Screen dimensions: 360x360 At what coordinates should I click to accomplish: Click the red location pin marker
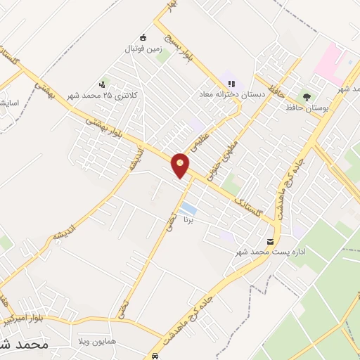pyautogui.click(x=181, y=165)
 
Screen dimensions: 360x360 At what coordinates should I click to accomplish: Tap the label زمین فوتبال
pyautogui.click(x=145, y=49)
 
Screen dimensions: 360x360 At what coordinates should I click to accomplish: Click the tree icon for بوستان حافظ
pyautogui.click(x=307, y=97)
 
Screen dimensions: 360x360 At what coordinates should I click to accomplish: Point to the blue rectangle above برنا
pyautogui.click(x=188, y=209)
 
